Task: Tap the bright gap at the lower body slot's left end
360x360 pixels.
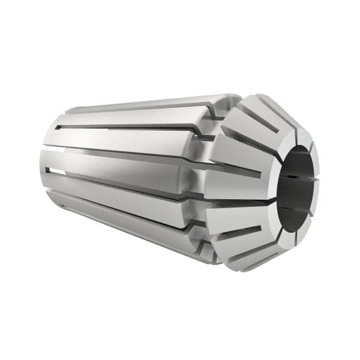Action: click(53, 170)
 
